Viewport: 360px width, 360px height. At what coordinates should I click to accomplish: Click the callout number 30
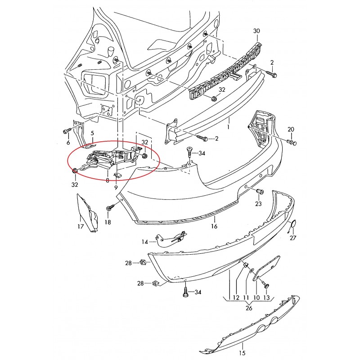click(x=257, y=31)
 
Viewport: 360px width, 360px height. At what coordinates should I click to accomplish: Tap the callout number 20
click(x=291, y=130)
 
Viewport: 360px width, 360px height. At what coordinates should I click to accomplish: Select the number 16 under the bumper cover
click(x=214, y=226)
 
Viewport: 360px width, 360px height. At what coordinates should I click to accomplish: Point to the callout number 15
click(x=241, y=353)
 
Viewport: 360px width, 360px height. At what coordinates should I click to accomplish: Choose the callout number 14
click(x=145, y=242)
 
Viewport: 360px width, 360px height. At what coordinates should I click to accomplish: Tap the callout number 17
click(x=81, y=227)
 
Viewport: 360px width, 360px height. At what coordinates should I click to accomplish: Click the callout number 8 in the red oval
click(x=108, y=180)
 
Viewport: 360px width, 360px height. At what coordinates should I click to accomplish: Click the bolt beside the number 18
click(x=109, y=208)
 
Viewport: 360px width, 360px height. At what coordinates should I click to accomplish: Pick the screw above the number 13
click(x=265, y=286)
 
